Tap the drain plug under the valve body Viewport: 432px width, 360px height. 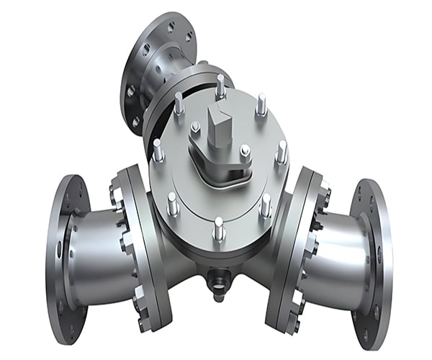pyautogui.click(x=217, y=278)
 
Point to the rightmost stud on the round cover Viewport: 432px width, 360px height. pyautogui.click(x=282, y=152)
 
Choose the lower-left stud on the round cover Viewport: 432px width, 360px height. pyautogui.click(x=173, y=204)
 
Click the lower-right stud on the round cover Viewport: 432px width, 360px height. pyautogui.click(x=265, y=205)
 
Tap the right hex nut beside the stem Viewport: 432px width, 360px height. pyautogui.click(x=245, y=152)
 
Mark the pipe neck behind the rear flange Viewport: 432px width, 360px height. pyautogui.click(x=180, y=61)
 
